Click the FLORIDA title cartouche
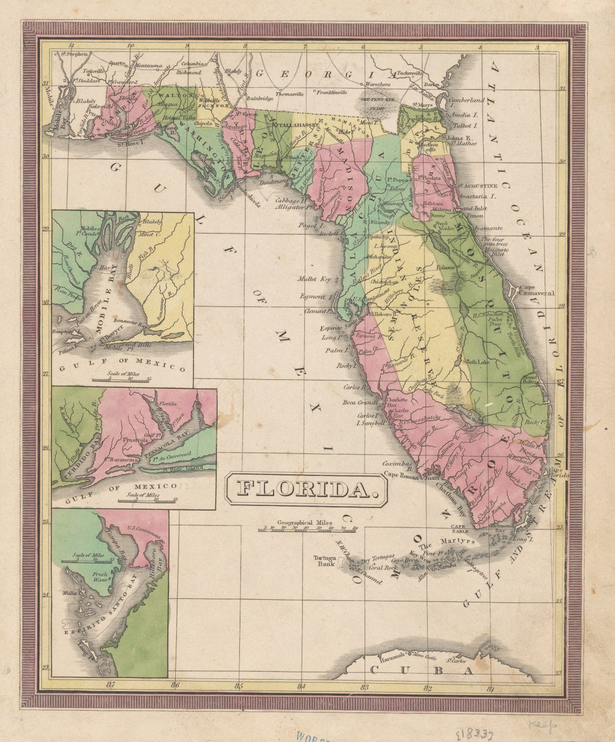tap(306, 489)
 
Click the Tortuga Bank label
tap(325, 560)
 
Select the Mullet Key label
tap(314, 279)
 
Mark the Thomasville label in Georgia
tap(290, 94)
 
